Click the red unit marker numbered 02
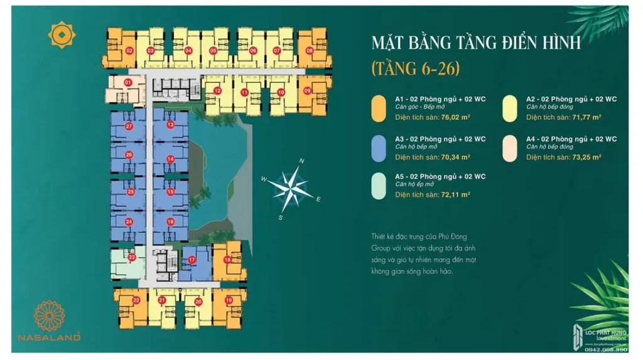(x=129, y=50)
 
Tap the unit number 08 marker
(x=310, y=50)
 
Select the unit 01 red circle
(x=127, y=82)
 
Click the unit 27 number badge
(x=129, y=126)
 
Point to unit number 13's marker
(x=170, y=125)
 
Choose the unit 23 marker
(x=132, y=256)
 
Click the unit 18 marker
(x=227, y=259)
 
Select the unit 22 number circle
(x=136, y=301)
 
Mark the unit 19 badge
(x=229, y=300)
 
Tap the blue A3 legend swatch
(x=378, y=148)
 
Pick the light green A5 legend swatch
(x=378, y=186)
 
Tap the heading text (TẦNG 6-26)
(x=415, y=67)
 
